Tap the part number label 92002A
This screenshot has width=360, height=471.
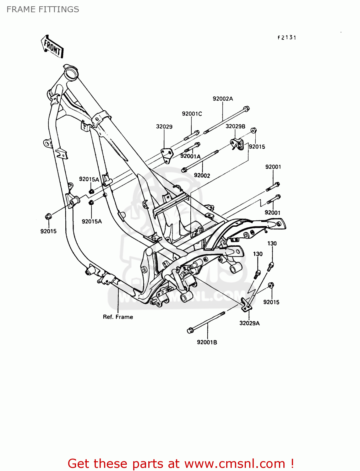223,99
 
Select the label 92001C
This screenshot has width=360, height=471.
192,114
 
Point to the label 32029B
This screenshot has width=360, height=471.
235,126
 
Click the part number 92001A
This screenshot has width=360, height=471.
190,156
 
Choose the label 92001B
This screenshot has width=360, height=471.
207,342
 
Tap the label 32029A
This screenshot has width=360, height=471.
249,323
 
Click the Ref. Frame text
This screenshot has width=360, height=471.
118,317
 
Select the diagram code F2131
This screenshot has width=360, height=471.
287,37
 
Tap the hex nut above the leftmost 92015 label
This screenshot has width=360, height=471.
48,216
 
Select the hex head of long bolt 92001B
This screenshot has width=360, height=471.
190,330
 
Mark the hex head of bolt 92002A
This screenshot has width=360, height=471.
247,109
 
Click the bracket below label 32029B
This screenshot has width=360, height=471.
237,144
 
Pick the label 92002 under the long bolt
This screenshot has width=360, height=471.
202,175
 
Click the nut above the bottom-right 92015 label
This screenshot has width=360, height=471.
271,285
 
